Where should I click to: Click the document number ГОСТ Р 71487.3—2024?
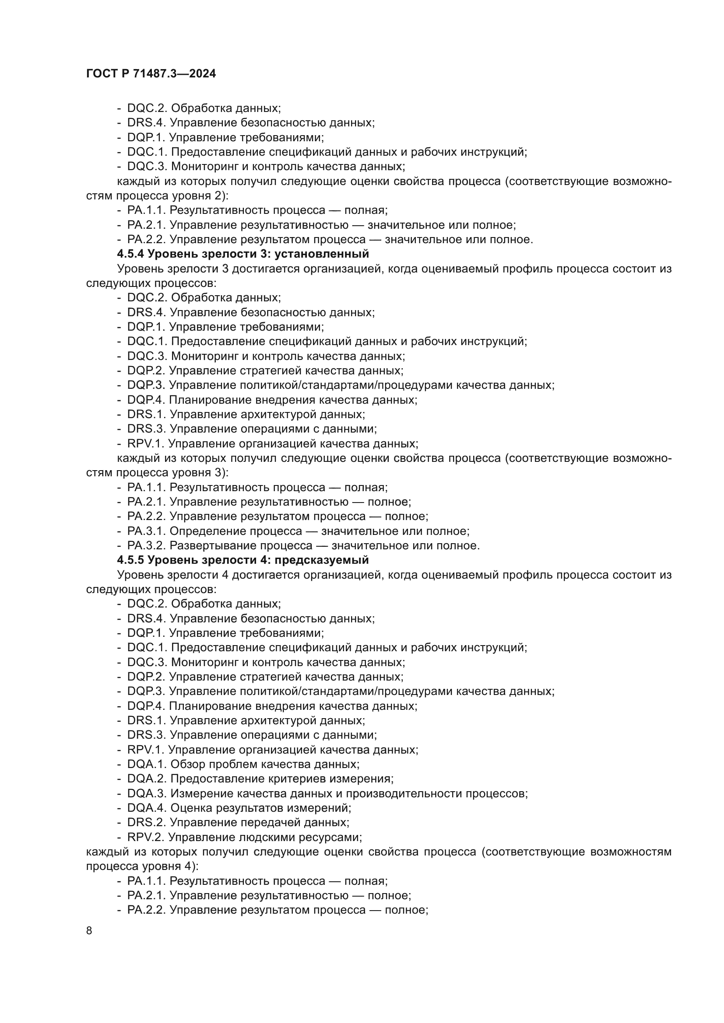151,74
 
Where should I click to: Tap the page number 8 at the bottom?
89,931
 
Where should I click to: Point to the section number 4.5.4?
130,254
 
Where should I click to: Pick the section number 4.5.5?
130,560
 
